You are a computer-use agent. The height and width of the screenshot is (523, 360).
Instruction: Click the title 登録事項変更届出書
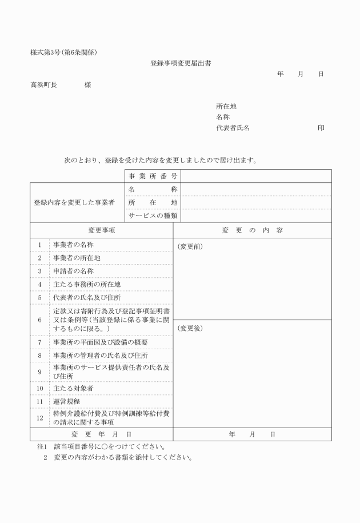click(181, 63)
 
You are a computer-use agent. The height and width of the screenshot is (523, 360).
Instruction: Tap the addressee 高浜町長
click(43, 85)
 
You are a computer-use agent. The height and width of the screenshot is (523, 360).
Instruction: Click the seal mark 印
click(321, 129)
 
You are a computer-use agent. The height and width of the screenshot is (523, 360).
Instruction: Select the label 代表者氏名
click(233, 129)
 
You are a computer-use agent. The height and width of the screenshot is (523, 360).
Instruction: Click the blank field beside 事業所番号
click(256, 176)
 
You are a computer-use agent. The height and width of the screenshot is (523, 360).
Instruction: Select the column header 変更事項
click(102, 230)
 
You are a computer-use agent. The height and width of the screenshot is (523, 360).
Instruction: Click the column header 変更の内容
click(252, 230)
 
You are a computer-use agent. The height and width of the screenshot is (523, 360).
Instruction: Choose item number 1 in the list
click(40, 245)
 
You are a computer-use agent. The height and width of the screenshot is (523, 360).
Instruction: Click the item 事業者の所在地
click(77, 258)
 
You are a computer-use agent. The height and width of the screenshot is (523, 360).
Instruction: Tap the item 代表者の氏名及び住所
click(87, 297)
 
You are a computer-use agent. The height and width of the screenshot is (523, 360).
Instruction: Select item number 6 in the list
click(40, 320)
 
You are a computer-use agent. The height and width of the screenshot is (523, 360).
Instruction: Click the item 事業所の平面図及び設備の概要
click(101, 342)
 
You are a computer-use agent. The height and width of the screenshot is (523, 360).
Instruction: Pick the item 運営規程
click(67, 402)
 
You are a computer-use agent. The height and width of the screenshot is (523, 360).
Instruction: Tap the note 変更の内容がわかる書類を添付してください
click(123, 458)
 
